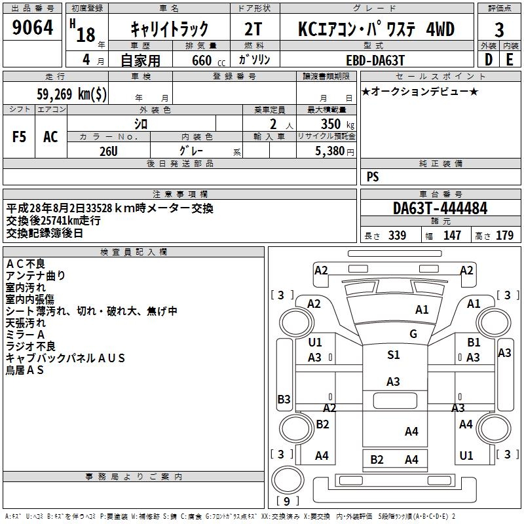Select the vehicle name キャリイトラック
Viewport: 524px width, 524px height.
[x=170, y=29]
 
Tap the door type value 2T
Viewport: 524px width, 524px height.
[x=254, y=29]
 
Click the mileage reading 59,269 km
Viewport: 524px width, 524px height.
[x=73, y=94]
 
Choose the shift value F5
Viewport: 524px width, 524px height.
[x=20, y=137]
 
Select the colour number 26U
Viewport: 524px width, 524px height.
[x=109, y=151]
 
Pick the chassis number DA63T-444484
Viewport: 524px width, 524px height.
[x=440, y=209]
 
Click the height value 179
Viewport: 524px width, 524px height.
[x=504, y=236]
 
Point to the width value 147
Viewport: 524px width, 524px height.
[x=452, y=236]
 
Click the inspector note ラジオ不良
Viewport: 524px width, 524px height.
[x=31, y=346]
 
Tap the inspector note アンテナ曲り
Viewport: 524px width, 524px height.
[x=35, y=276]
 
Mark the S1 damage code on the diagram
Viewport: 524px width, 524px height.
[x=393, y=355]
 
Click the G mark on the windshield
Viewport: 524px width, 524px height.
[x=413, y=334]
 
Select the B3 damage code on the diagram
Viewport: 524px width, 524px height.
[x=284, y=399]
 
